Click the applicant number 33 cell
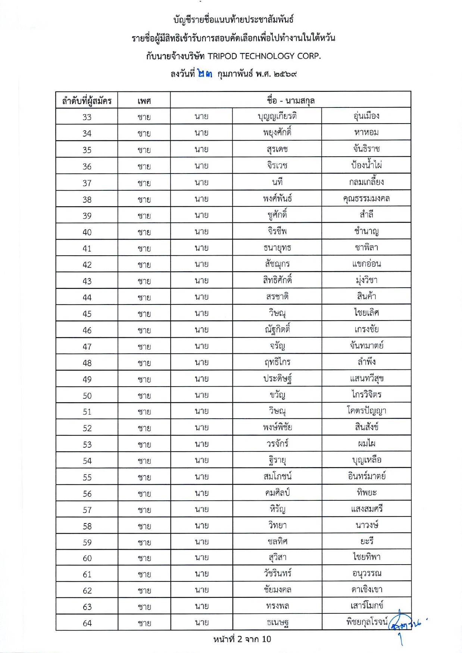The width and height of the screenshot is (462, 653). pyautogui.click(x=87, y=117)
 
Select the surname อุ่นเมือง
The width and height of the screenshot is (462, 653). pyautogui.click(x=366, y=116)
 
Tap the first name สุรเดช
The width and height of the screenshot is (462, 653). pyautogui.click(x=277, y=149)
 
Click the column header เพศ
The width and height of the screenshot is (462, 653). pyautogui.click(x=144, y=101)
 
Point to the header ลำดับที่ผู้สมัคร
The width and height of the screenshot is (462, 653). pyautogui.click(x=87, y=101)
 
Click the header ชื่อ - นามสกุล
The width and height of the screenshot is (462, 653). pyautogui.click(x=291, y=100)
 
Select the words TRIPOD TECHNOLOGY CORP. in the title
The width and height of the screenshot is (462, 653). pyautogui.click(x=264, y=56)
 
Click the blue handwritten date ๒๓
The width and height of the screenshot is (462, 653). pyautogui.click(x=205, y=74)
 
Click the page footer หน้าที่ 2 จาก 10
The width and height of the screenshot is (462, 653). pyautogui.click(x=242, y=639)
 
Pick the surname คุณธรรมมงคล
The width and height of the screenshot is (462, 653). pyautogui.click(x=366, y=198)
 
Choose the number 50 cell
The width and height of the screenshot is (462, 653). pyautogui.click(x=87, y=396)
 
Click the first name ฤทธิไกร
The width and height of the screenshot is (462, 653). pyautogui.click(x=277, y=362)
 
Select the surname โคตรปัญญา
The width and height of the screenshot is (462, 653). pyautogui.click(x=366, y=411)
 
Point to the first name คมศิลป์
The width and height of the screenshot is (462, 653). pyautogui.click(x=277, y=493)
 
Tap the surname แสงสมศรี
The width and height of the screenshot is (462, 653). pyautogui.click(x=366, y=509)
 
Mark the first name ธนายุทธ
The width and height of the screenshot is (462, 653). pyautogui.click(x=277, y=247)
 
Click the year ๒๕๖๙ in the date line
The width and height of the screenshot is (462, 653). pyautogui.click(x=285, y=74)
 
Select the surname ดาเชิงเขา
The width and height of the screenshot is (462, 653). pyautogui.click(x=366, y=590)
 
